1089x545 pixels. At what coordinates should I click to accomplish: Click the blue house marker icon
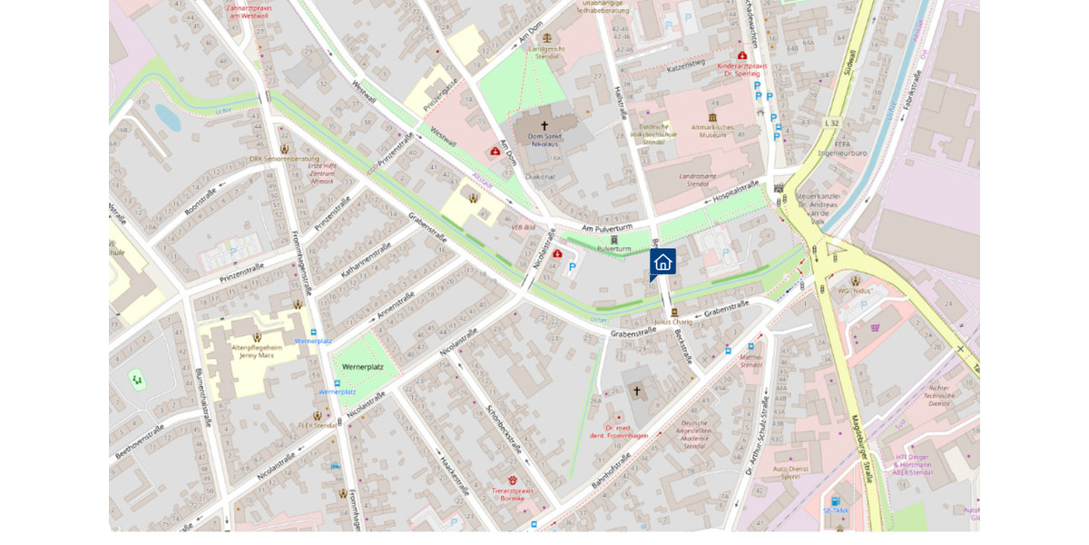[x=662, y=262]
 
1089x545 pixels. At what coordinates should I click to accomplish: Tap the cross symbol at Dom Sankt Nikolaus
[x=544, y=125]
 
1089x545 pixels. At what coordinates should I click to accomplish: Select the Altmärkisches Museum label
[x=711, y=131]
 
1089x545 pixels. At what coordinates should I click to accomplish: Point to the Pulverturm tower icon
[x=614, y=239]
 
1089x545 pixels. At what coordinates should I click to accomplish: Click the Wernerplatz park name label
[x=362, y=366]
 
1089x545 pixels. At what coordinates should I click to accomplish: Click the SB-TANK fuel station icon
[x=836, y=500]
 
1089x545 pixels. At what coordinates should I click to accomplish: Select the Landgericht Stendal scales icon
[x=546, y=38]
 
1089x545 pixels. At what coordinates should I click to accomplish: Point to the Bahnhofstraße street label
[x=611, y=469]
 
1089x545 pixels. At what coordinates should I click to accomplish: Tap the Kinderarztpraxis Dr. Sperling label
[x=741, y=69]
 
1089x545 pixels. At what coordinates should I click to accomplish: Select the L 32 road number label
[x=832, y=123]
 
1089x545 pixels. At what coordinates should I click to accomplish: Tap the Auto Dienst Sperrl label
[x=790, y=472]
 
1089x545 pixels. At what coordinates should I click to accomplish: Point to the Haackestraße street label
[x=454, y=473]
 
